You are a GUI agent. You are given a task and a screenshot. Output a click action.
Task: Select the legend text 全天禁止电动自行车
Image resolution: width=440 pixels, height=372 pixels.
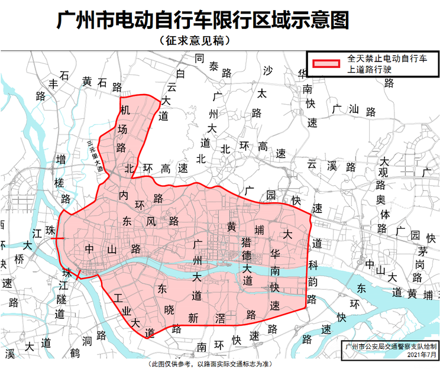click(387, 59)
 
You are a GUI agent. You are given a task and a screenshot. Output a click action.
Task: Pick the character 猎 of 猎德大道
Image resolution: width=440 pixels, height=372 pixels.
click(247, 241)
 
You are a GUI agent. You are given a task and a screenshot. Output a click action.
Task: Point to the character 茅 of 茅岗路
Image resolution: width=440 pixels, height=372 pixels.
click(420, 250)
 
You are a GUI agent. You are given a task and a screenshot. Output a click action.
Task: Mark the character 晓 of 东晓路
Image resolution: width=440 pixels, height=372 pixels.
click(169, 308)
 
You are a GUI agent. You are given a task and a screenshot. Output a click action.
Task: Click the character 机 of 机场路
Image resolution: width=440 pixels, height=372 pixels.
click(125, 111)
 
